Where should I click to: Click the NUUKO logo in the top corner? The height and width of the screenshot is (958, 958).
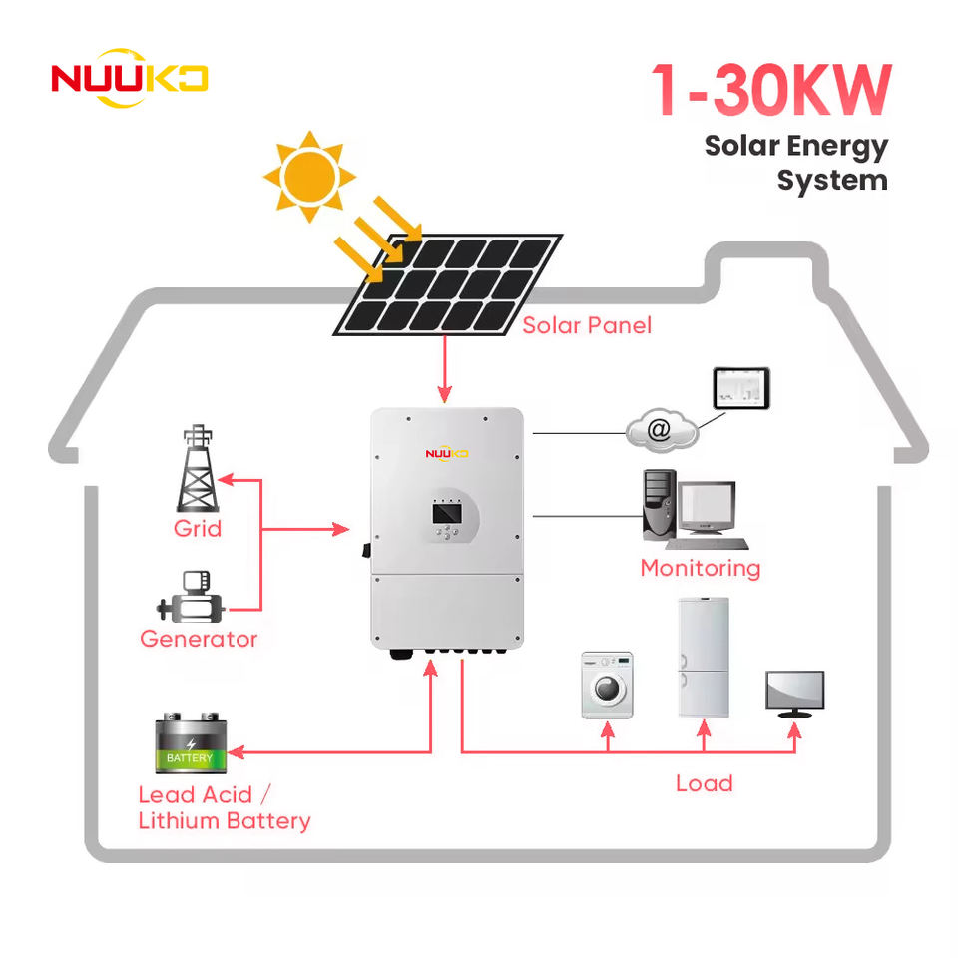coord(130,78)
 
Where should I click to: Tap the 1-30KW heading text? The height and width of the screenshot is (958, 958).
coord(771,90)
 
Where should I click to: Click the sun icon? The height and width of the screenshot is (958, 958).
coord(309,176)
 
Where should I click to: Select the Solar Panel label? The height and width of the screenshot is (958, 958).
coord(587,325)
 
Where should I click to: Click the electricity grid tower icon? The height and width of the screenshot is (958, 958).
coord(198,468)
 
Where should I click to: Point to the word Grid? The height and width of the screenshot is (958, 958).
coord(198,529)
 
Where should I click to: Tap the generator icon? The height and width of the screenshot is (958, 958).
coord(191,597)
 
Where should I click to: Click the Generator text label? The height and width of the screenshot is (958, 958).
coord(199,639)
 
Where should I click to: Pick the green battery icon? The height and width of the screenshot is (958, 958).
coord(191,742)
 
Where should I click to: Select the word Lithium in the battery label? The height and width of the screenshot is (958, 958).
coord(179,820)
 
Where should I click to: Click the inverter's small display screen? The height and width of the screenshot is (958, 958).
coord(447,513)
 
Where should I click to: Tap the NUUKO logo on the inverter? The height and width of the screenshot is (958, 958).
coord(447,453)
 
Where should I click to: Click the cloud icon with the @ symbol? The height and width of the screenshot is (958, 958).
coord(661,430)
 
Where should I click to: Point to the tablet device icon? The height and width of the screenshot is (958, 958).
coord(741,388)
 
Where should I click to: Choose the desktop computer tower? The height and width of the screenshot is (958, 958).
coord(660,505)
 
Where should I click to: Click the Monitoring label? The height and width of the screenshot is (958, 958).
coord(701,568)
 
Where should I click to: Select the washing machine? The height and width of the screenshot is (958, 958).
coord(607,685)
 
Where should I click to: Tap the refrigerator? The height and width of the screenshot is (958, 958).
coord(704,658)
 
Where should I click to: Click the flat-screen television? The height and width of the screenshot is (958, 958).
coord(795,695)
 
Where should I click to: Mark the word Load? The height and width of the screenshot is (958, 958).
coord(704,784)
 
